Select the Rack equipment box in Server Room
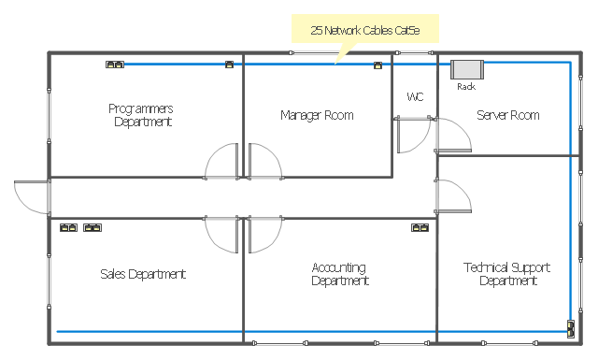(467, 69)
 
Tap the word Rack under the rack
(466, 87)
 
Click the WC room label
(415, 96)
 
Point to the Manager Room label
(317, 115)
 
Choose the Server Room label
(508, 115)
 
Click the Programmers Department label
(141, 115)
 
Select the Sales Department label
(143, 274)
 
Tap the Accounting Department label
(339, 274)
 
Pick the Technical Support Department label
(507, 274)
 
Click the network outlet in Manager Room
(377, 65)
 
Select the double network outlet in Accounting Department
(420, 227)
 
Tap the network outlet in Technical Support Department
(571, 329)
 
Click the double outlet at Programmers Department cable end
(115, 65)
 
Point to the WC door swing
(414, 135)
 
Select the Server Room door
(454, 135)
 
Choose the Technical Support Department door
(454, 195)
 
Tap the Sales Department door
(221, 235)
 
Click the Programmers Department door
(221, 161)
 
